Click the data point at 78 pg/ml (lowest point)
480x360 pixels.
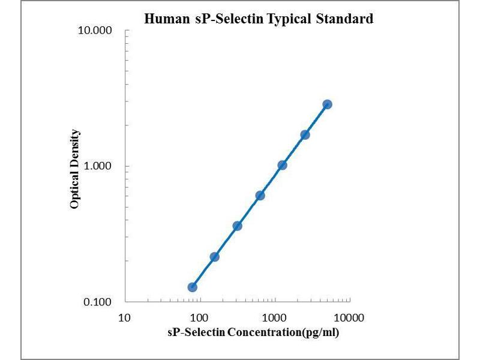click(192, 287)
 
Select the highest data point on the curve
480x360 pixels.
click(327, 104)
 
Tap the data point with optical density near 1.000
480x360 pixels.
click(282, 165)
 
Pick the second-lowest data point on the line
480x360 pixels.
click(214, 257)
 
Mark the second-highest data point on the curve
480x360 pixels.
click(305, 135)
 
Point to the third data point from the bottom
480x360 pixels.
click(237, 226)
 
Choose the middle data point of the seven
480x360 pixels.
click(260, 196)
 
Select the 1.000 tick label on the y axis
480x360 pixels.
click(98, 166)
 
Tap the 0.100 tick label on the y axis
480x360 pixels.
click(98, 302)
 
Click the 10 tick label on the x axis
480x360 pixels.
click(124, 317)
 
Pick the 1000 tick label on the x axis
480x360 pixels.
click(275, 317)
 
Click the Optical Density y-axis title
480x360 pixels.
click(75, 169)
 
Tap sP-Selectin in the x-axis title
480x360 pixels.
click(197, 332)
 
